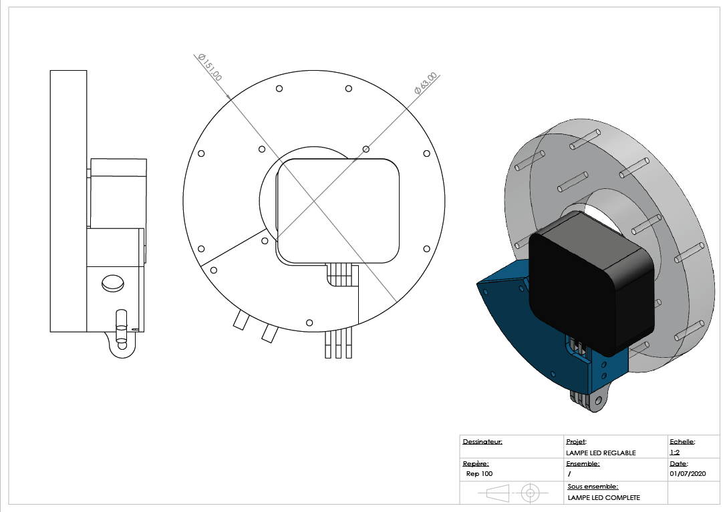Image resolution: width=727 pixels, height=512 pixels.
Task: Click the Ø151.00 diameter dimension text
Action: pyautogui.click(x=209, y=68)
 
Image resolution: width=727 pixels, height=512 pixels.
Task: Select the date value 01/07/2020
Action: pyautogui.click(x=688, y=473)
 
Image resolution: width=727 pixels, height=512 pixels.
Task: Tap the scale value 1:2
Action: pyautogui.click(x=675, y=452)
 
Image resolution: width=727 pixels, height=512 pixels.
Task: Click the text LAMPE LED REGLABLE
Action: pyautogui.click(x=601, y=453)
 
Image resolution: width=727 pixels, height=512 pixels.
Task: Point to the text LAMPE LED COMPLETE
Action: pyautogui.click(x=603, y=497)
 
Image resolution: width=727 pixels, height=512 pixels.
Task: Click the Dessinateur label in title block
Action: pyautogui.click(x=482, y=441)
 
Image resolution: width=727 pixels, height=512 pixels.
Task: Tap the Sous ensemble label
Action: pyautogui.click(x=593, y=487)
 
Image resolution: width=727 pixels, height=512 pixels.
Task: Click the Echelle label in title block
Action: pyautogui.click(x=682, y=441)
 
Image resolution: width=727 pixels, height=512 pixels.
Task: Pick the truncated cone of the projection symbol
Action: pyautogui.click(x=496, y=493)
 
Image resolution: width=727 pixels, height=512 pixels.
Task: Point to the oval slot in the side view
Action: pyautogui.click(x=113, y=284)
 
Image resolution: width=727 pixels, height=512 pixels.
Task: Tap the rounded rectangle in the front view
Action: pyautogui.click(x=338, y=211)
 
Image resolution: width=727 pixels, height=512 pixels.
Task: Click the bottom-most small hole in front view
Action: pyautogui.click(x=309, y=322)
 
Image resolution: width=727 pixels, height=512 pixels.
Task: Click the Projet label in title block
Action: pyautogui.click(x=576, y=441)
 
